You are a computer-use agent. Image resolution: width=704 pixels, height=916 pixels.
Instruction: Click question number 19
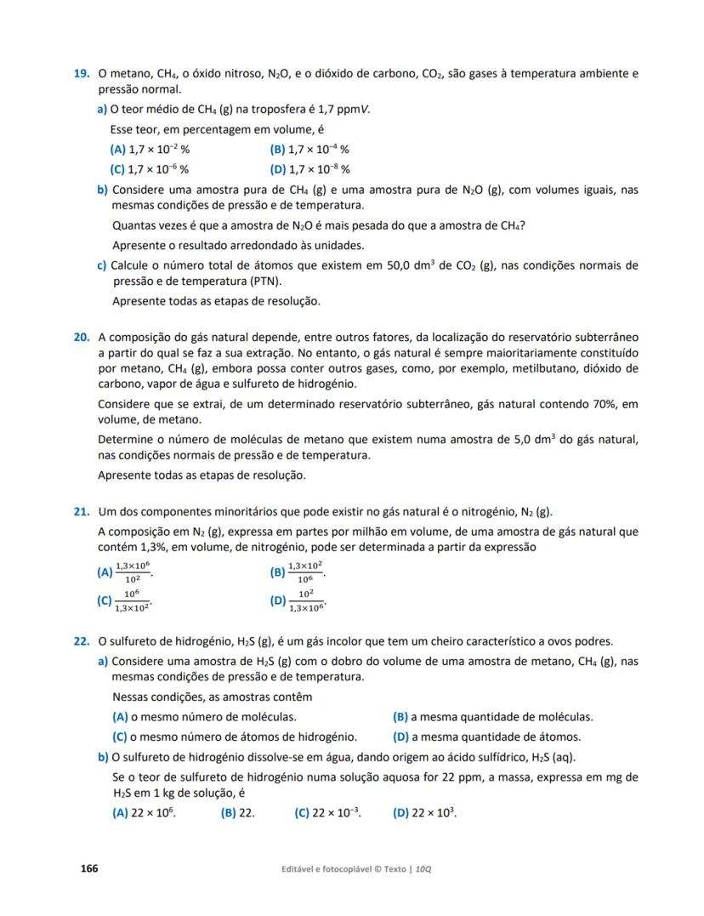tap(82, 74)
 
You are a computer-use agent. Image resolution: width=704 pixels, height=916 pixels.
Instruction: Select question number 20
tap(82, 338)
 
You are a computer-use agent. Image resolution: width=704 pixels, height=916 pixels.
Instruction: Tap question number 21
tap(82, 511)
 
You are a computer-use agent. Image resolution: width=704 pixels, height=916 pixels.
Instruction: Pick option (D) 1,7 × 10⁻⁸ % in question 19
tap(309, 168)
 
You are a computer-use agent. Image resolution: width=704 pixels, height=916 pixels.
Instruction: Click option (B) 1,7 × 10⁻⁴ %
tap(309, 149)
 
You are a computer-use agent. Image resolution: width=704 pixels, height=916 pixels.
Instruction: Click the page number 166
tap(89, 868)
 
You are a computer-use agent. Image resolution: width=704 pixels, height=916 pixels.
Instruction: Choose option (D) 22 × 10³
tap(424, 812)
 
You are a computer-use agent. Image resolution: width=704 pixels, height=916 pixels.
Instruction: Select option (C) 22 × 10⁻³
tap(327, 812)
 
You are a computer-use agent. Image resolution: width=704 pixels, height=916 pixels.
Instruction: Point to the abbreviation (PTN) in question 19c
tap(264, 282)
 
